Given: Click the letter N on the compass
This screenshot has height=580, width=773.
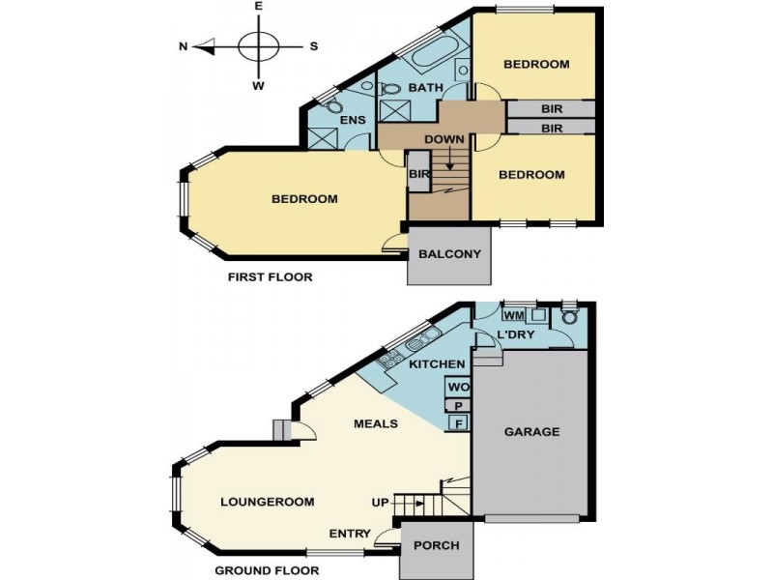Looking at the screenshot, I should coord(183,45).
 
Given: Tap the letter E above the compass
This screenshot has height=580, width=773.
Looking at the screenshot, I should coord(258,6).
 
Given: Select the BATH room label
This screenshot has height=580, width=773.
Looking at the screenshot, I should coord(425,88).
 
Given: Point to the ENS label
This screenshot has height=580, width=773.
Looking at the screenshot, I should coord(352,120).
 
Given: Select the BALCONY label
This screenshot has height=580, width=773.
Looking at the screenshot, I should coord(449,254).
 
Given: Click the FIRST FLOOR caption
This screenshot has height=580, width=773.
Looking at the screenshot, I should coord(270,277).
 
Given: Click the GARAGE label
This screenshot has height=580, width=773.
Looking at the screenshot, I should coord(531,432).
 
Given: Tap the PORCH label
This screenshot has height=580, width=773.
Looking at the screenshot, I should coord(436,545).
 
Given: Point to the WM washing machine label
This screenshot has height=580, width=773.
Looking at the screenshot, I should coord(514,315).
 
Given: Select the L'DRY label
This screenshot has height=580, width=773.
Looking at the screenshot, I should coord(516,335).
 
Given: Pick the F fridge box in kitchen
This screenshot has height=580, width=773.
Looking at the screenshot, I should coord(456,422).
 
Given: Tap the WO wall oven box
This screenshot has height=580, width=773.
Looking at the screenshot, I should coord(457,388).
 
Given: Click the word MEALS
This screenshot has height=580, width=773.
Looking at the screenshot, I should coord(377,423).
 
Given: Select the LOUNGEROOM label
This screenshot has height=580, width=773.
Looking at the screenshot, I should coord(268,502).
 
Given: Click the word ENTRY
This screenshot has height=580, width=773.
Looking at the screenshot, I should coord(349,534).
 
